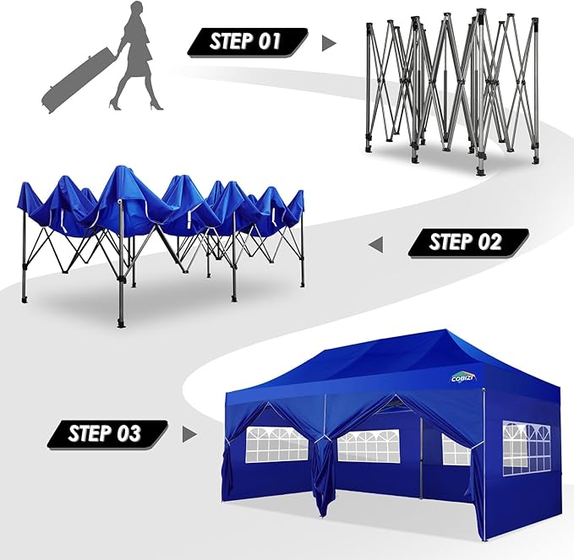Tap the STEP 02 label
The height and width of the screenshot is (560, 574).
[x=467, y=243]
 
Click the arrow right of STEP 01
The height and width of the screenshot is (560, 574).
[x=329, y=42]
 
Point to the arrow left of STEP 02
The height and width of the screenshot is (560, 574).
[x=376, y=244]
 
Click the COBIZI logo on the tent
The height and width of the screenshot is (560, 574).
[x=463, y=378]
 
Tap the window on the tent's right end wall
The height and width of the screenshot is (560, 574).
[x=526, y=448]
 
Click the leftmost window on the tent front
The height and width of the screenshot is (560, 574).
[x=276, y=444]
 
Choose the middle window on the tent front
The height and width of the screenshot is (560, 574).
[x=368, y=445]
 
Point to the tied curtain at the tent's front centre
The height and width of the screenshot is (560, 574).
[x=322, y=469]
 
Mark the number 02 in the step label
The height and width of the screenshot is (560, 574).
[x=489, y=243]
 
